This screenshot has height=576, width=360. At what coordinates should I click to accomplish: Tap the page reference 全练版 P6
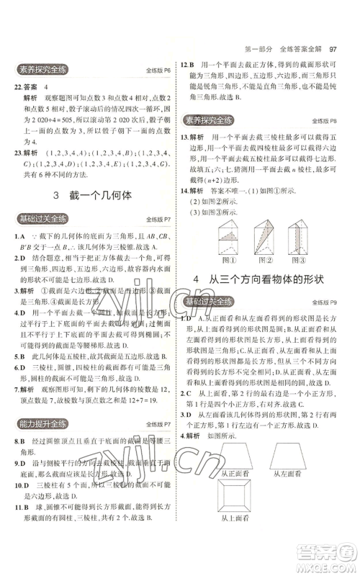click(156, 72)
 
